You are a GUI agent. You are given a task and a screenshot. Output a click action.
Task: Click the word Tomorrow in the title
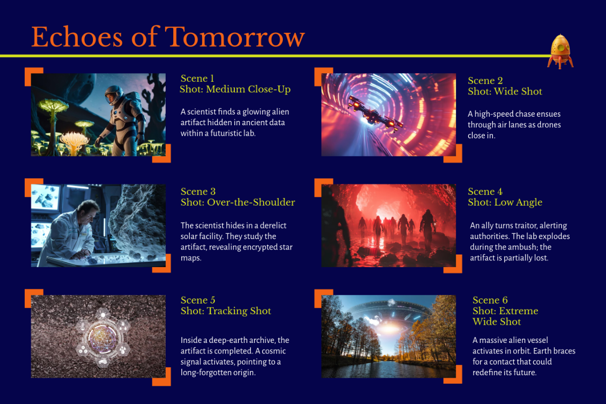click(x=235, y=37)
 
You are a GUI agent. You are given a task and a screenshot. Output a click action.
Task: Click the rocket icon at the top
click(x=560, y=52)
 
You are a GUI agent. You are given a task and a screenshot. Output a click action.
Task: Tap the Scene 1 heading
click(x=197, y=78)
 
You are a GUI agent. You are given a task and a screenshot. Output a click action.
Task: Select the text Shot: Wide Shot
click(x=505, y=91)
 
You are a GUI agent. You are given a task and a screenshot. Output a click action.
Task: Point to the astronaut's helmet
click(x=114, y=95)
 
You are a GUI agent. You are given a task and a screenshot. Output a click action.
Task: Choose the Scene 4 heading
click(x=485, y=191)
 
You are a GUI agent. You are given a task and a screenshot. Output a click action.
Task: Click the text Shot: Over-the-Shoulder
click(x=238, y=203)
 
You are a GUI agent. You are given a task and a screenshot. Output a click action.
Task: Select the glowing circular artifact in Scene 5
click(x=103, y=337)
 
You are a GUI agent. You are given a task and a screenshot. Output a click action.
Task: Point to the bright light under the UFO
click(x=389, y=328)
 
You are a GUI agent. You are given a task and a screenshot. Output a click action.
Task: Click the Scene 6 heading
click(x=490, y=300)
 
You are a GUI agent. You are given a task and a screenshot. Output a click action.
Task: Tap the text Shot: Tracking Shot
click(x=226, y=311)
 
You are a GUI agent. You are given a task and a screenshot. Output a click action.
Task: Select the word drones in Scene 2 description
click(x=549, y=125)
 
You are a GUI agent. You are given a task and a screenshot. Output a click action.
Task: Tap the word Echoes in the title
click(x=77, y=37)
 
